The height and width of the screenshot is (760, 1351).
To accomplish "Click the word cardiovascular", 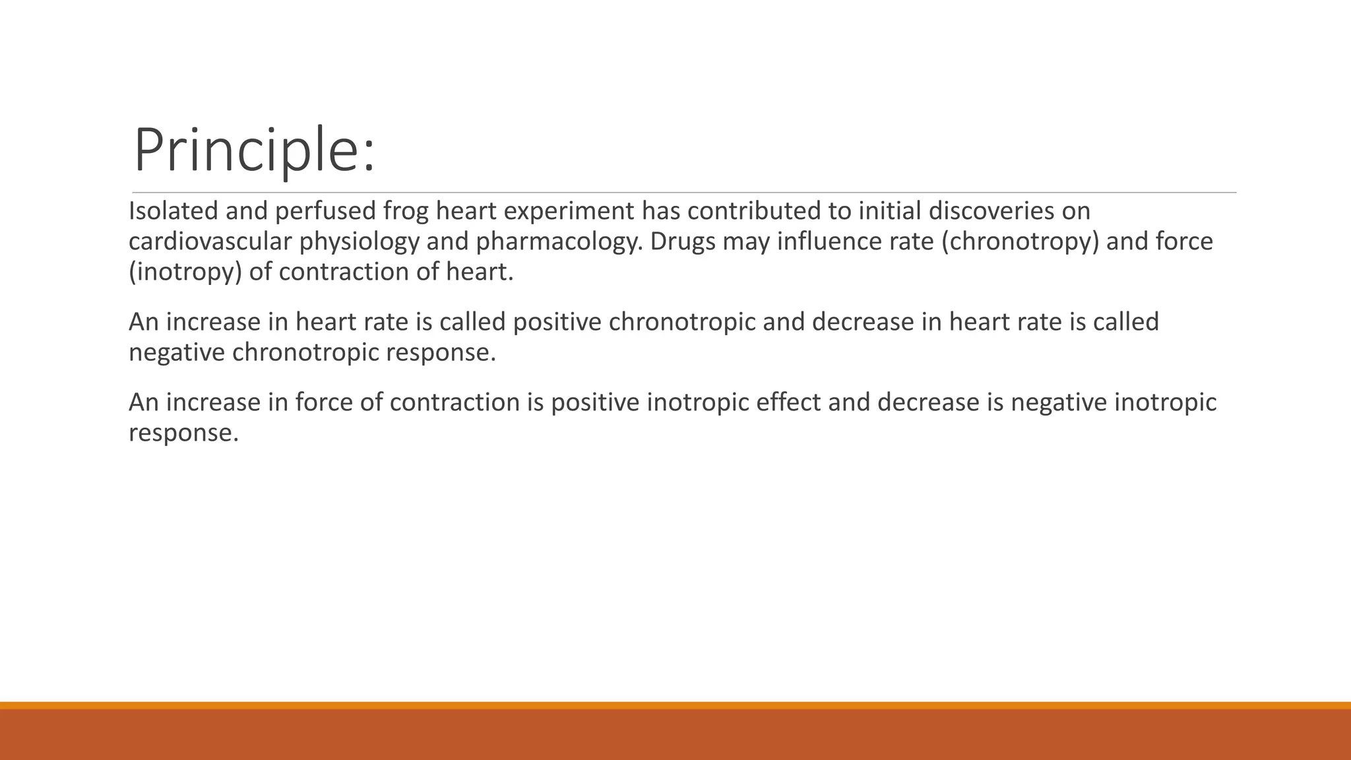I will point(209,241).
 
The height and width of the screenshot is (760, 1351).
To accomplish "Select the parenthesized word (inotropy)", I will point(185,272).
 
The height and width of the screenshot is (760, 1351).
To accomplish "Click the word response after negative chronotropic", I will point(440,352).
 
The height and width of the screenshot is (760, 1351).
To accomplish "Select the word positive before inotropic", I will point(595,402).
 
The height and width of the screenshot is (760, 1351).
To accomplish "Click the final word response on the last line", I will point(183,433).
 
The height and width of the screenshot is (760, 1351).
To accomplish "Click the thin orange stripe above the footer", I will point(675,705).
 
